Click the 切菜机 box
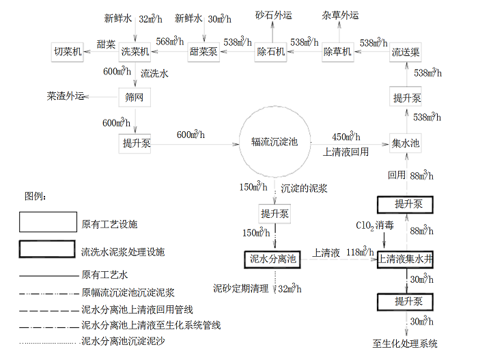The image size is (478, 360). tap(68, 51)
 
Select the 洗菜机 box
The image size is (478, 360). tap(135, 51)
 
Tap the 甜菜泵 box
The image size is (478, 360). tap(203, 51)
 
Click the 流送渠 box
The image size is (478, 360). tap(406, 51)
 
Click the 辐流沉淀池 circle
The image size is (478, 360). tap(275, 143)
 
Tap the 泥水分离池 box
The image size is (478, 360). tap(272, 259)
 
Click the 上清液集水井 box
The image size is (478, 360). tap(406, 259)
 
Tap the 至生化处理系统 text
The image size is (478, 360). tap(405, 344)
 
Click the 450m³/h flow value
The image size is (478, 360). tap(342, 136)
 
